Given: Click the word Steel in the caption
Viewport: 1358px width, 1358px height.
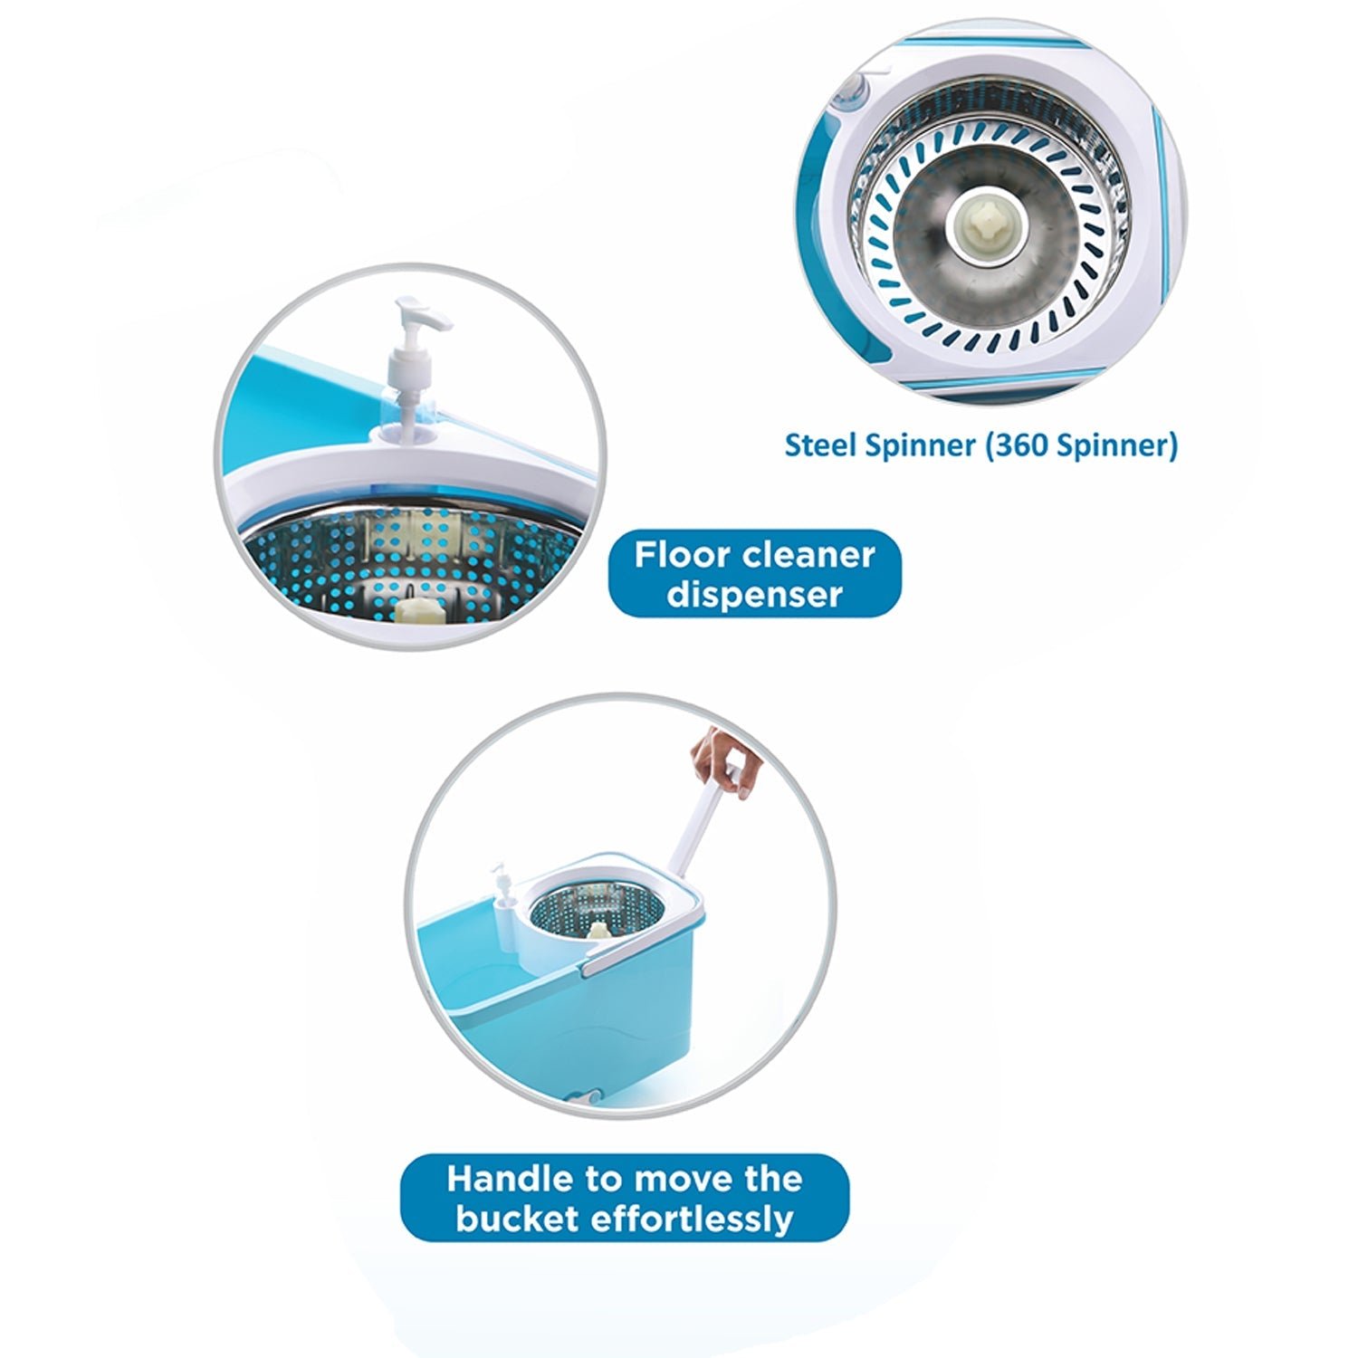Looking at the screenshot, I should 818,445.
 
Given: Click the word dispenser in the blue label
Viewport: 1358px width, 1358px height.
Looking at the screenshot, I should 754,595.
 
